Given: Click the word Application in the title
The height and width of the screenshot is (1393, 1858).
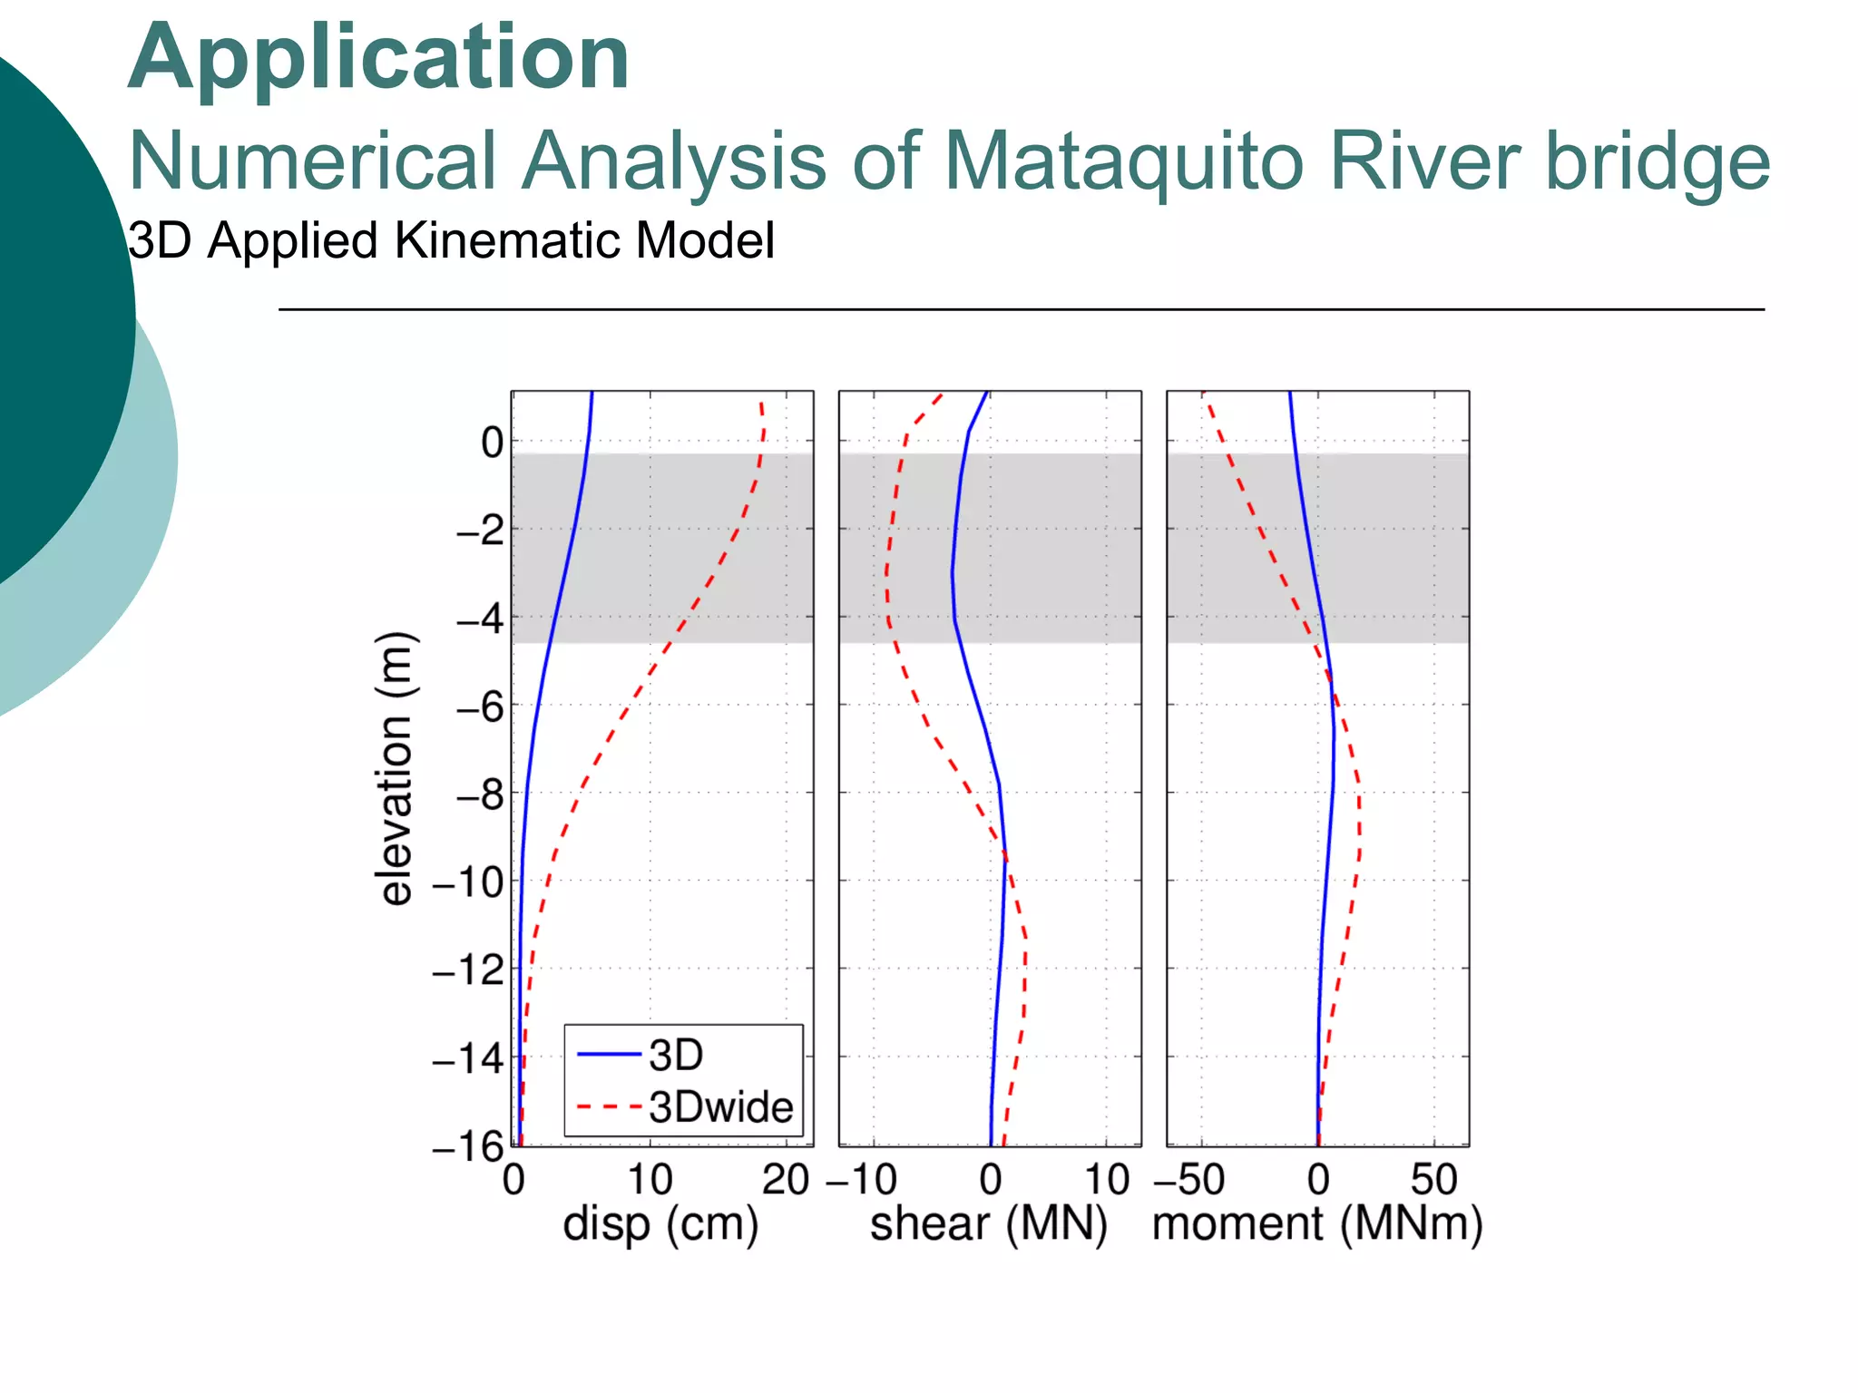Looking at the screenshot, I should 378,59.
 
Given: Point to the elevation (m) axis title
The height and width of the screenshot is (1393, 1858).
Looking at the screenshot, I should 396,768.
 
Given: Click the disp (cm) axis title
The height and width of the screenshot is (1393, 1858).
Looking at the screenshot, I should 660,1225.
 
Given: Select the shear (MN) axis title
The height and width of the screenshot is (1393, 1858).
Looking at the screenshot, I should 989,1225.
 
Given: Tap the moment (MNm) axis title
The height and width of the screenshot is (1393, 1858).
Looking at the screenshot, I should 1317,1225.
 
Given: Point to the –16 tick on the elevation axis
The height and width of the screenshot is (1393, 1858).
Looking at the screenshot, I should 468,1147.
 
